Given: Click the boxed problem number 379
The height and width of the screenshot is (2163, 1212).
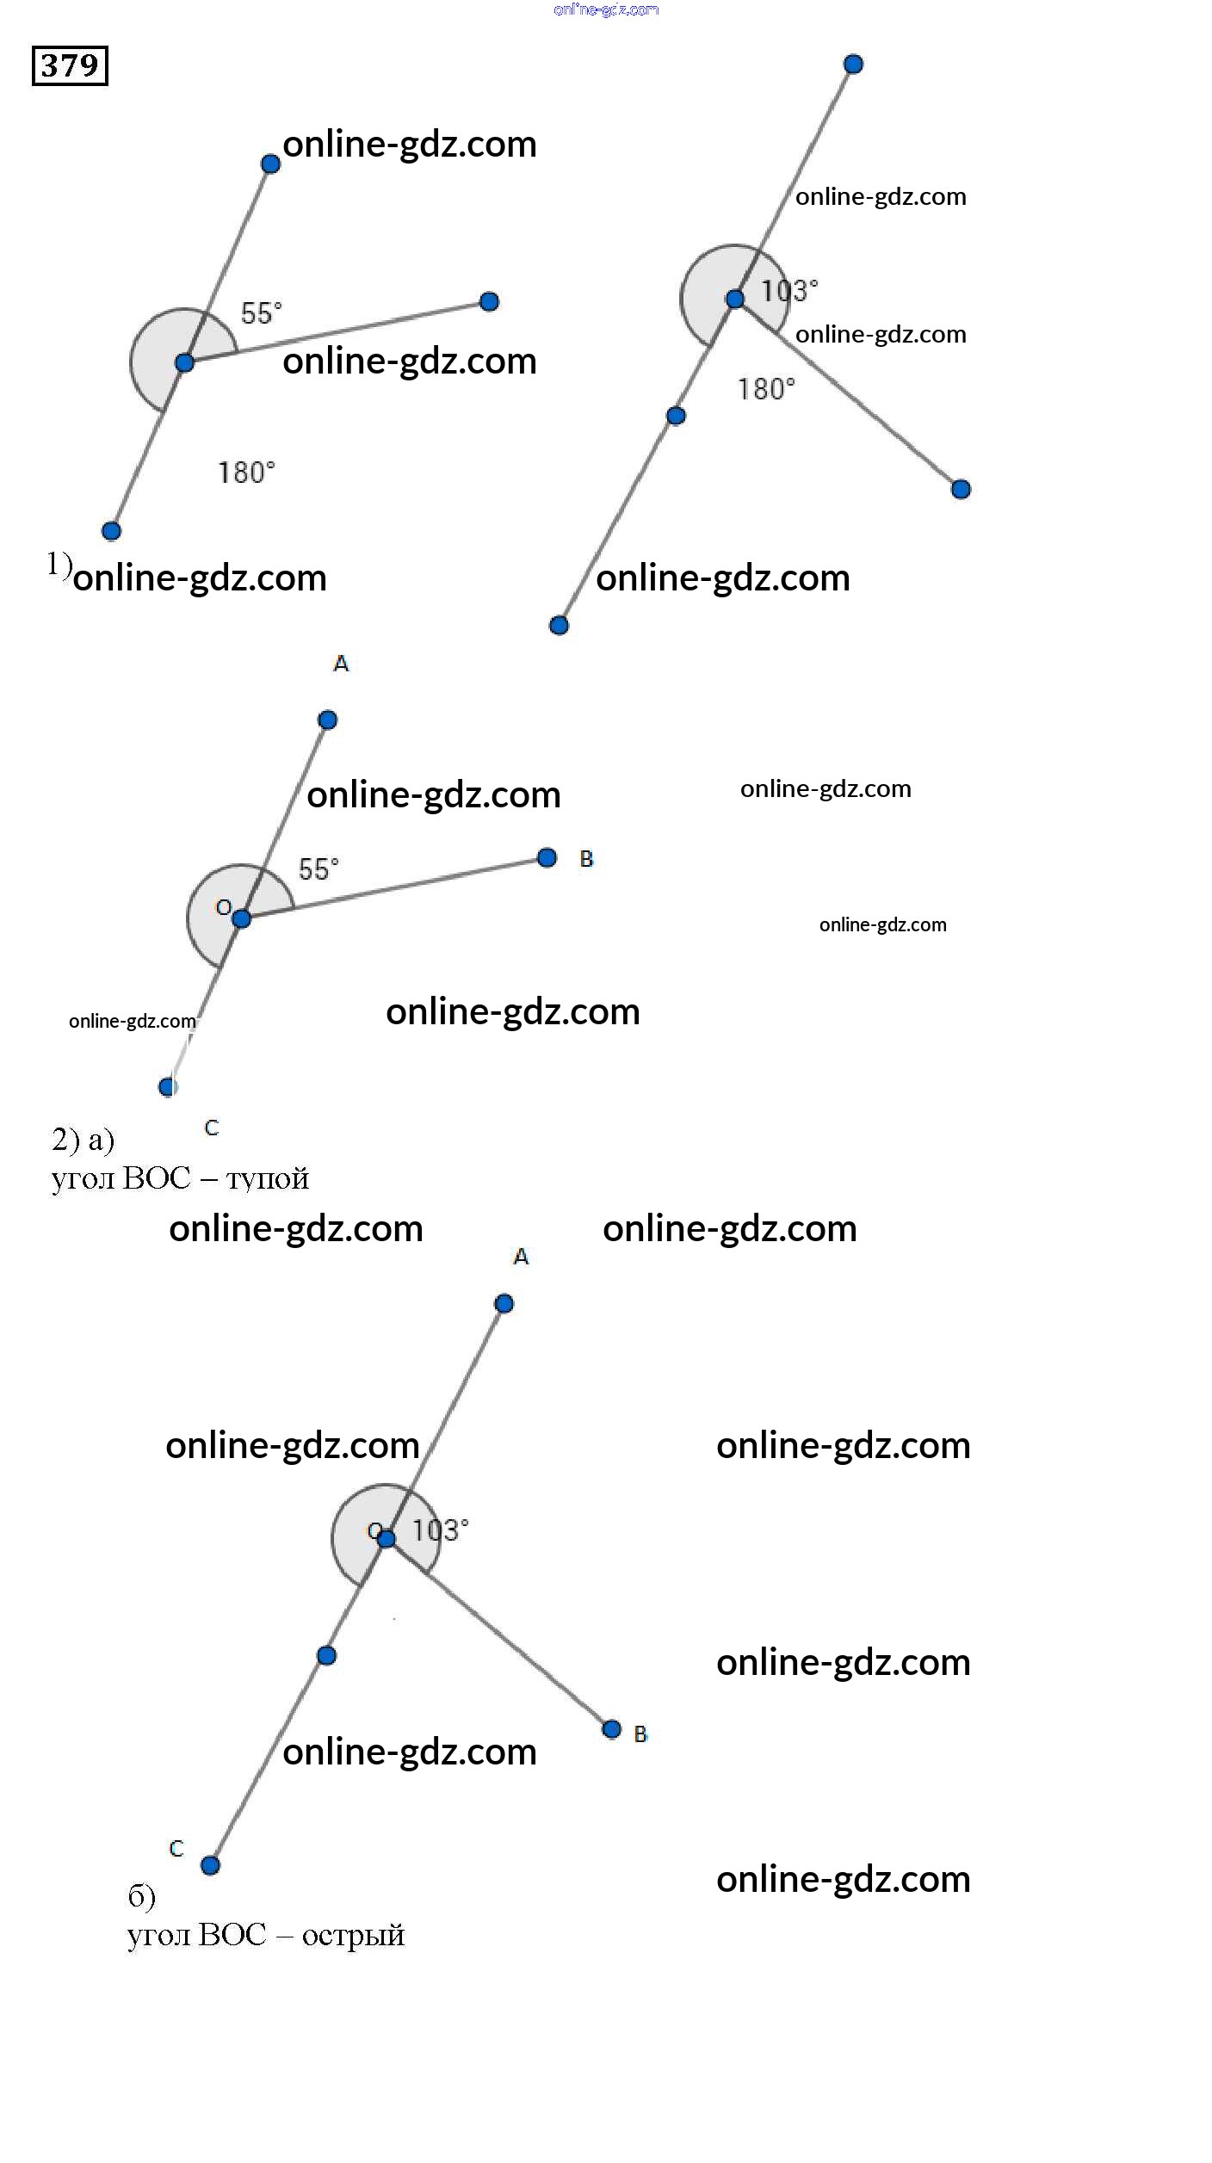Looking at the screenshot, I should (70, 65).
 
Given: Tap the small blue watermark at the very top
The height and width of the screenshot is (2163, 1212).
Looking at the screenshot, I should (606, 9).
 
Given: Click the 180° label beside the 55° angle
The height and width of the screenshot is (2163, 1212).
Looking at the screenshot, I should (245, 473).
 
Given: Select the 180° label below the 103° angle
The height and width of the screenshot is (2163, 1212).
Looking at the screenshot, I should (765, 389).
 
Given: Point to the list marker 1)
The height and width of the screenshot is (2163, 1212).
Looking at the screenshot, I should (59, 564).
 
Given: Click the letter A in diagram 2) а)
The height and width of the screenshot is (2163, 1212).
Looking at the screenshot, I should (341, 664).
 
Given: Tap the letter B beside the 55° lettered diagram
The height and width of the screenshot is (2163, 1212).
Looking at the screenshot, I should (586, 859).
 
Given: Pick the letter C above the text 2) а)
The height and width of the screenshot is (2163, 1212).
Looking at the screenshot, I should (212, 1128).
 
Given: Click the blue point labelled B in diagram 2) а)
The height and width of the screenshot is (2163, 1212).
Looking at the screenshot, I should (547, 857).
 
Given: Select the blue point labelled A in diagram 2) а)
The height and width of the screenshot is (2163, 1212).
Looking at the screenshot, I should (327, 720).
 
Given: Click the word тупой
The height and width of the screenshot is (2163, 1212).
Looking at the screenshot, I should (267, 1178).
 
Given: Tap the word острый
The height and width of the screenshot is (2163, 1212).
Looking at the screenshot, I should (353, 1935).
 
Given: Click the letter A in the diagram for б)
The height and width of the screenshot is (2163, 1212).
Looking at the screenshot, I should (521, 1257).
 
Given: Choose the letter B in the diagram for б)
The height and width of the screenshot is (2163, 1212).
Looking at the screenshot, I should (640, 1734).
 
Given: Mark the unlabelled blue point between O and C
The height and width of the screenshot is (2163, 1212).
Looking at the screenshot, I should (326, 1655).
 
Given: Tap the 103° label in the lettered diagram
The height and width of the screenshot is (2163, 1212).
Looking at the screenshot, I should (440, 1530).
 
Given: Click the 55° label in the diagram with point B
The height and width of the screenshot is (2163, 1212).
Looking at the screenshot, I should (318, 868).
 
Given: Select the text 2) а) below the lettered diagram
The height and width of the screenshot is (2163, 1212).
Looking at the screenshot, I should (83, 1140).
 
